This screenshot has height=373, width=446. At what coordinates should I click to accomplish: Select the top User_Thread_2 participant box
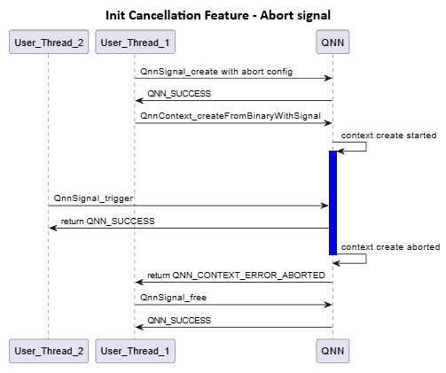click(x=49, y=43)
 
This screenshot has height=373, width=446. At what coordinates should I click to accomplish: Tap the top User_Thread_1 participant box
click(x=135, y=43)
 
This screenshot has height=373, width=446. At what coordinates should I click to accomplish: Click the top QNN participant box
click(x=333, y=43)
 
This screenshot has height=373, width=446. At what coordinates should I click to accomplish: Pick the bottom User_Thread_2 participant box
click(x=49, y=351)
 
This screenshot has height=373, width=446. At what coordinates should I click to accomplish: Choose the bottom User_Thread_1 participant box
click(x=135, y=351)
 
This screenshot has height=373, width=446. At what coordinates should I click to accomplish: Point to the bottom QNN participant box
click(x=333, y=351)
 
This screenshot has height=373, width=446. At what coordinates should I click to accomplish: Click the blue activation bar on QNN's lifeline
click(x=333, y=202)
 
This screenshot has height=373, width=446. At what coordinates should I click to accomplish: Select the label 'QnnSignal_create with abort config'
click(x=216, y=71)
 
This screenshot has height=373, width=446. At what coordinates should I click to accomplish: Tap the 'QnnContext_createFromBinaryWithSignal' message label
click(x=229, y=115)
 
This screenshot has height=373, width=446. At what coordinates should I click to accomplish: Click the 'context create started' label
click(x=388, y=136)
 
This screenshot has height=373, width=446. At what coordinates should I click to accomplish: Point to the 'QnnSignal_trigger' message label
click(x=93, y=198)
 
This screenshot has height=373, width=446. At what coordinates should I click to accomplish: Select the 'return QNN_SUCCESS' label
click(x=107, y=221)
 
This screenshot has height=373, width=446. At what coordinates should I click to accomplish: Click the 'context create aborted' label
click(x=388, y=246)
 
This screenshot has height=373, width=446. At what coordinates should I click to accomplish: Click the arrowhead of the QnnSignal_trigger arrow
click(x=325, y=206)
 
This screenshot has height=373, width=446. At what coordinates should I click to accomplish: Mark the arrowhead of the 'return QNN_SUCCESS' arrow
click(x=53, y=228)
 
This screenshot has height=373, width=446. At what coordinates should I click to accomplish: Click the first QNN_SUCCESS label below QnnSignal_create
click(x=179, y=93)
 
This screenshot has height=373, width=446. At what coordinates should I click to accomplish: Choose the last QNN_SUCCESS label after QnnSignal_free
click(x=179, y=320)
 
